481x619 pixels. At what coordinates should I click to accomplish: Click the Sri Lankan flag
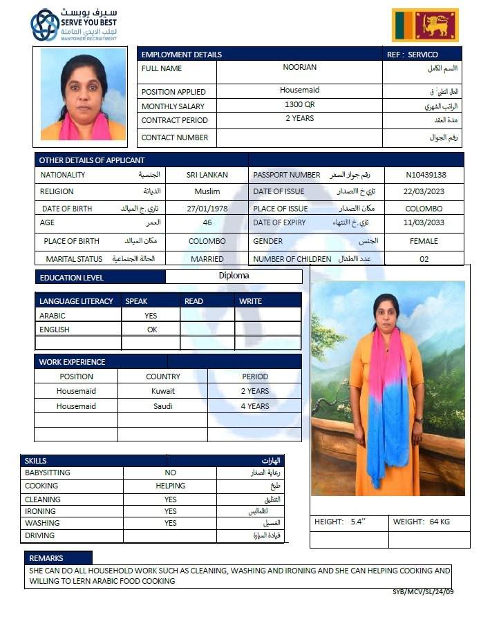coord(425,26)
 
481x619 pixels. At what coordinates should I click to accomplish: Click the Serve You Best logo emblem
coord(45,25)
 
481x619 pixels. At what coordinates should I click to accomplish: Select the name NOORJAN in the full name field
coord(299,68)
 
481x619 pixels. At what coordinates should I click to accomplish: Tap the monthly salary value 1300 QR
coord(299,105)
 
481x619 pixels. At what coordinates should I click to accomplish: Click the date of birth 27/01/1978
coord(207,208)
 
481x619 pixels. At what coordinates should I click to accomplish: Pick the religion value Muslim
coord(207,191)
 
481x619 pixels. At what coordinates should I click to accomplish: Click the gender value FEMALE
coord(424,241)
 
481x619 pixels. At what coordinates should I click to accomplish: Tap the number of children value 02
coord(424,259)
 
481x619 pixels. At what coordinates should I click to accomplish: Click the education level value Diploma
coord(234,276)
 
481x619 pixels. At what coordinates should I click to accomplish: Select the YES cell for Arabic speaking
coord(151,315)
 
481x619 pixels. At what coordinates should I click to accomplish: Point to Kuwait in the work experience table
coord(162,391)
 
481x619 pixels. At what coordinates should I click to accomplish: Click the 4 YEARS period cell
coord(254,406)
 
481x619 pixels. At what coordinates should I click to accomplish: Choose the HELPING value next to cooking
coord(170,486)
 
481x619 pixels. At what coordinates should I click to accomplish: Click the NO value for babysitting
coord(170,473)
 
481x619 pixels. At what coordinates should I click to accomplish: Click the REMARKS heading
coord(46,558)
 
